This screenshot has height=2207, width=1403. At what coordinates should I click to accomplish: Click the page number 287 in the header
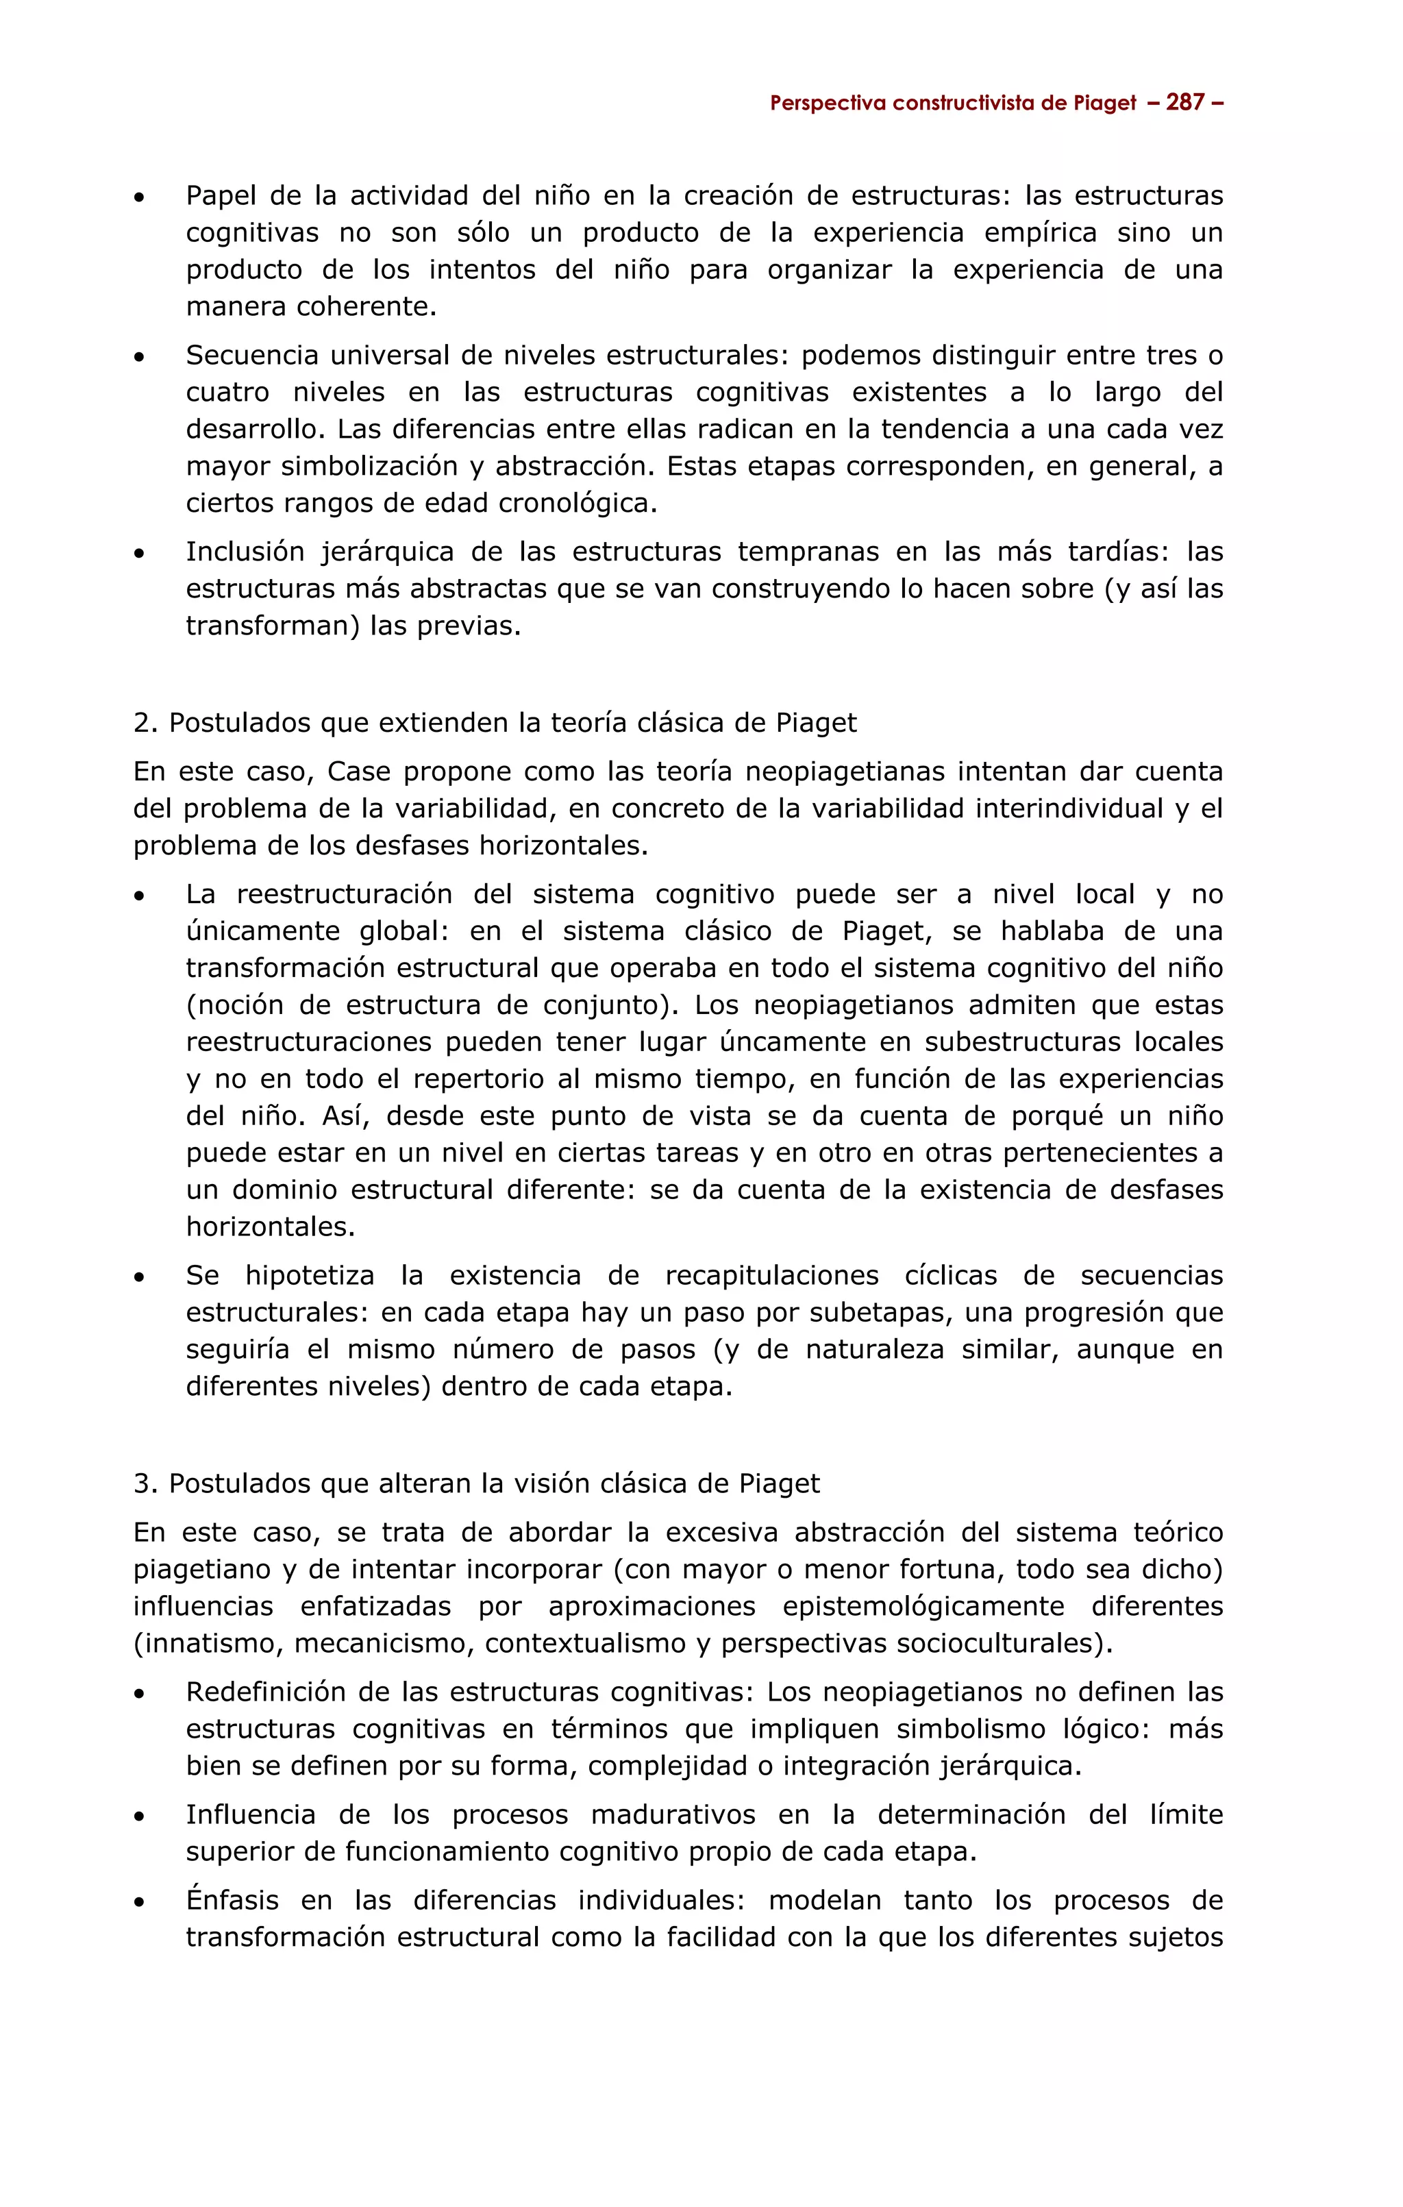1185,103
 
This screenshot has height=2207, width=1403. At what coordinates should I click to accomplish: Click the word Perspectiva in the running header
827,103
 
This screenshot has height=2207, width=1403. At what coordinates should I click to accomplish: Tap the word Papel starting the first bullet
218,196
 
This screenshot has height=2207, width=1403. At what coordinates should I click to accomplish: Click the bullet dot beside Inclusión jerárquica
139,554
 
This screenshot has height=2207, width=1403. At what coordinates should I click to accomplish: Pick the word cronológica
578,503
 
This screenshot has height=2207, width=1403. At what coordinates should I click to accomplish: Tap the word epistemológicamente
923,1607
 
